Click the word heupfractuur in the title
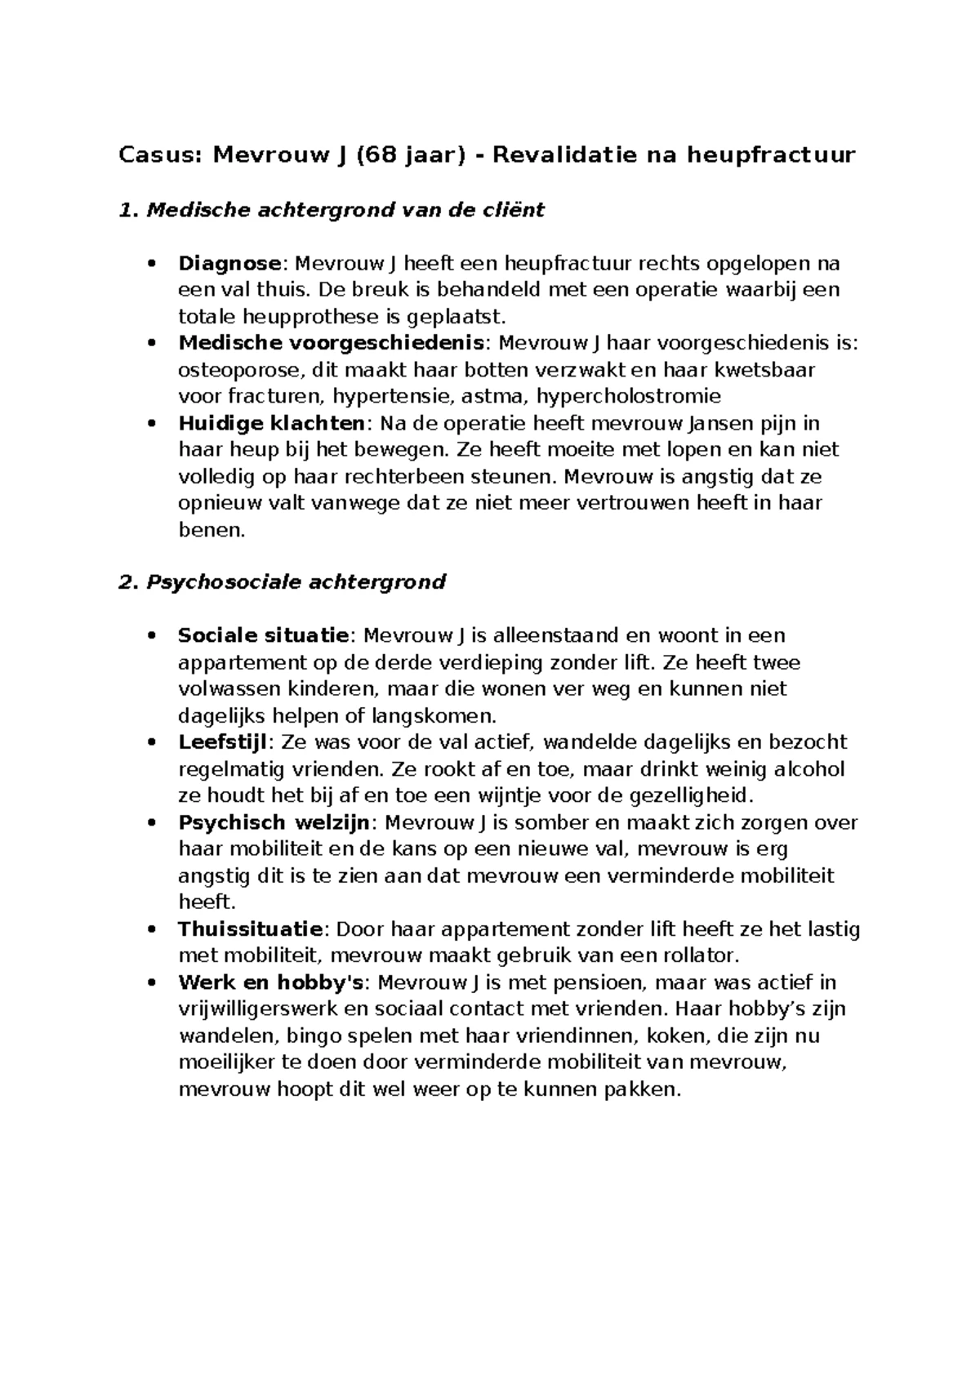pyautogui.click(x=770, y=154)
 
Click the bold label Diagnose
pyautogui.click(x=229, y=264)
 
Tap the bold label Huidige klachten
pyautogui.click(x=270, y=424)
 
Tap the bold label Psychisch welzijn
pyautogui.click(x=274, y=822)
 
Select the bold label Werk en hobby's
pyautogui.click(x=270, y=982)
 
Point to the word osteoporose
pyautogui.click(x=239, y=371)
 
